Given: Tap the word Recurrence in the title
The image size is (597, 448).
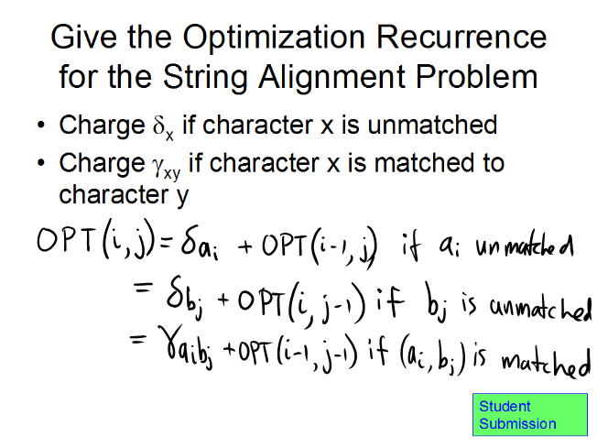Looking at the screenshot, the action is click(x=461, y=37).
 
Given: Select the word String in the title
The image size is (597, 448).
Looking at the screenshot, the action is click(x=205, y=78).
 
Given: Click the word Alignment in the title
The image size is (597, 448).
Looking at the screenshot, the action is click(x=331, y=78).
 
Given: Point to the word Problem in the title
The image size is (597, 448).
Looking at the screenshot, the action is click(x=476, y=77).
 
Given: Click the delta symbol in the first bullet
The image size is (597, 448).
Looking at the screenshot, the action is click(x=158, y=125).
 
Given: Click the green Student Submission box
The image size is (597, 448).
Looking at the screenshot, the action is click(x=529, y=414).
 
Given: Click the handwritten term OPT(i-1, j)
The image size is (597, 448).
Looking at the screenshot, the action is click(x=319, y=246).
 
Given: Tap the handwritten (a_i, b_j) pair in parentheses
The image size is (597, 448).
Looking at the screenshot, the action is click(x=433, y=359).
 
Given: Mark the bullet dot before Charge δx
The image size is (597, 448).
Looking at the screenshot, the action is click(x=41, y=125).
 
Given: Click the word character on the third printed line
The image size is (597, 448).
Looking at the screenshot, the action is click(x=114, y=194).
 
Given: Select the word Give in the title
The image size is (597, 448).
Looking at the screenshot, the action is click(x=83, y=37).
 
